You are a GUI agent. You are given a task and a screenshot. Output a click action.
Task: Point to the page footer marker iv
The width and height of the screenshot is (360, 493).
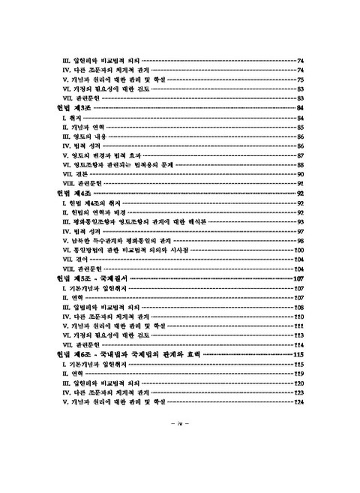tap(180, 424)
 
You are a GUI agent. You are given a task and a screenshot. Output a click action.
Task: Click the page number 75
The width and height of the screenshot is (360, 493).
tap(298, 79)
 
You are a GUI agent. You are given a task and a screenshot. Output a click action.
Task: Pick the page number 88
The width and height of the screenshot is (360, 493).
tap(298, 164)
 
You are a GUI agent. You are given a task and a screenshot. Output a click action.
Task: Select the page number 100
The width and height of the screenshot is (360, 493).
tap(298, 249)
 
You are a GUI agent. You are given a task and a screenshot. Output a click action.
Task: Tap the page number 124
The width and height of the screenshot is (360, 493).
tap(298, 401)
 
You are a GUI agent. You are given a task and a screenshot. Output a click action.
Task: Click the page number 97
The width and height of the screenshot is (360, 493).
tap(298, 231)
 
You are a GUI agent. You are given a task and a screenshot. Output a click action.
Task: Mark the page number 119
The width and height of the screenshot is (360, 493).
tap(298, 373)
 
